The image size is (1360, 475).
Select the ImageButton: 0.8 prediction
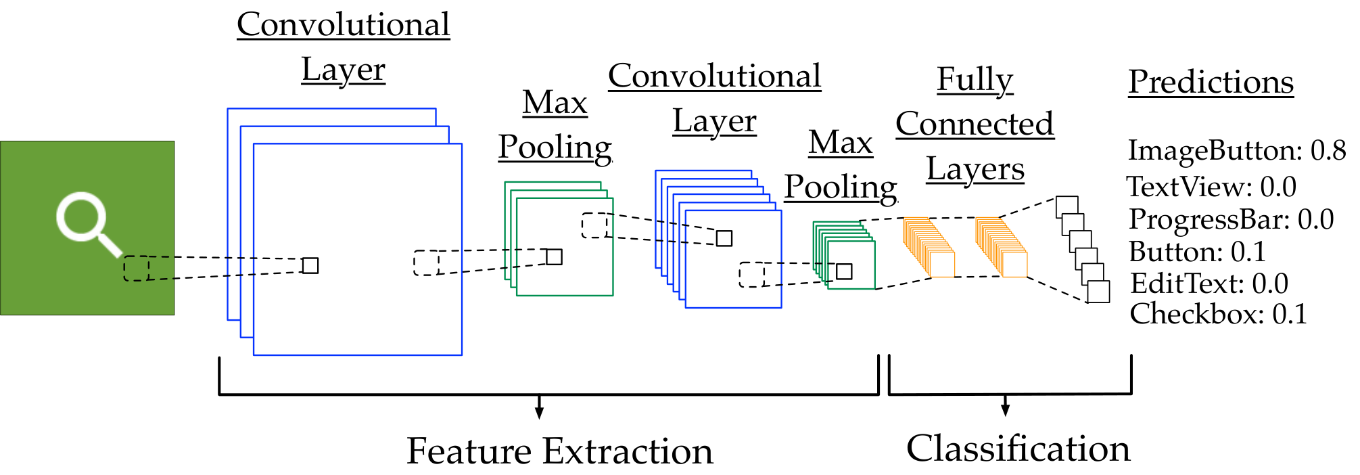(x=1237, y=151)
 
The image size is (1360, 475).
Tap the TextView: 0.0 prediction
(x=1211, y=187)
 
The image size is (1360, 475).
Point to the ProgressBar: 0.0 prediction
(x=1231, y=219)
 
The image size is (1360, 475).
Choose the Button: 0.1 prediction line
(x=1197, y=252)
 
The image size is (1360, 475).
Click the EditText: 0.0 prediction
(x=1209, y=284)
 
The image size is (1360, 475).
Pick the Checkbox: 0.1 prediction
(x=1218, y=314)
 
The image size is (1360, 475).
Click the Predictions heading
(x=1211, y=82)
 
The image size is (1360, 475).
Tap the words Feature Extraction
(x=560, y=451)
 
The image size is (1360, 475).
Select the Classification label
(x=1018, y=448)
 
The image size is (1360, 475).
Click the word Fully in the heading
(x=975, y=81)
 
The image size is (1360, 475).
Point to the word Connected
(x=975, y=124)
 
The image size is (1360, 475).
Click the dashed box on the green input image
(x=136, y=268)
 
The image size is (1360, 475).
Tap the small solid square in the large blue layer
(x=310, y=265)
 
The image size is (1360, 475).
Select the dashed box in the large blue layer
(x=426, y=263)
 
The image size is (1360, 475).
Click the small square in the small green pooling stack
(x=844, y=271)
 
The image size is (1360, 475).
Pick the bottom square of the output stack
(x=1098, y=292)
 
